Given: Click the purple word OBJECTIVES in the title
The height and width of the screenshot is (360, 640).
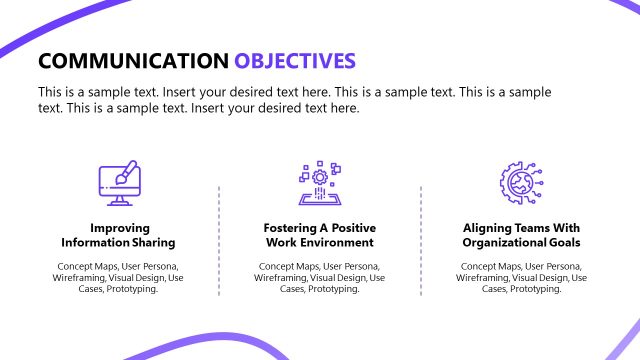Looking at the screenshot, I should (x=295, y=61).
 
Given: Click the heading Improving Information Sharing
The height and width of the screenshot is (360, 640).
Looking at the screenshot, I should (x=118, y=234).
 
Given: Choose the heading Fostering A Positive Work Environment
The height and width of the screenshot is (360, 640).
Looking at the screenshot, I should (x=319, y=234).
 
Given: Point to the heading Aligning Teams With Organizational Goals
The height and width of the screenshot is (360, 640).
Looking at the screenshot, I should (x=520, y=234).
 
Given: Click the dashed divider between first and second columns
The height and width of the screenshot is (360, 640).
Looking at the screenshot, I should (x=219, y=240).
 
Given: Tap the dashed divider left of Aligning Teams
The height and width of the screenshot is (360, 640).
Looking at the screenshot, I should (x=421, y=240).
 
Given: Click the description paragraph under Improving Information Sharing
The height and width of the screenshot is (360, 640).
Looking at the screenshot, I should (x=118, y=277).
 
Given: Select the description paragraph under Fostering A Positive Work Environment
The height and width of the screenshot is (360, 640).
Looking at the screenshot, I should (x=319, y=277).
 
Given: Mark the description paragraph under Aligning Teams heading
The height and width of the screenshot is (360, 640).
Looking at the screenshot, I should (x=520, y=277).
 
